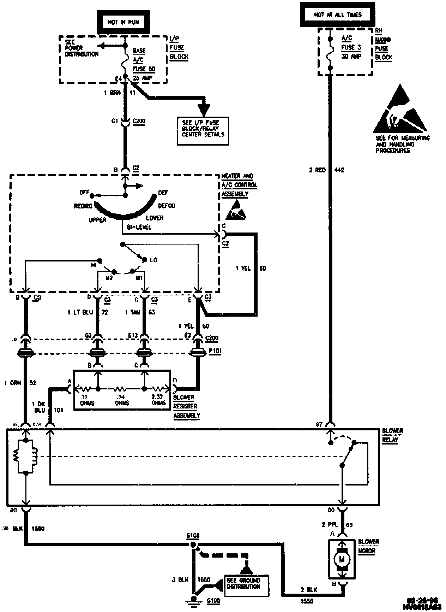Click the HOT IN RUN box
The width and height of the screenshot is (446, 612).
tap(123, 22)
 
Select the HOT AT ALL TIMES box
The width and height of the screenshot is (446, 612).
tap(338, 15)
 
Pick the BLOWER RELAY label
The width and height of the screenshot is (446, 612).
tap(392, 436)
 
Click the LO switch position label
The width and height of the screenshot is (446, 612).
tap(153, 260)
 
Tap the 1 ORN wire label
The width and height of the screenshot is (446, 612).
tap(13, 383)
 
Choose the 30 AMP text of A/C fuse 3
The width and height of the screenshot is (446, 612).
tap(351, 56)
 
